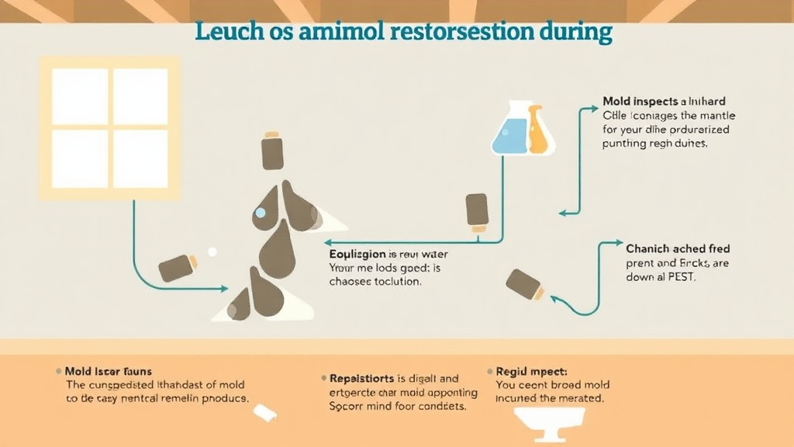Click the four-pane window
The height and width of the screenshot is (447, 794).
point(109,128)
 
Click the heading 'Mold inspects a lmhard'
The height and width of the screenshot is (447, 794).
point(664,102)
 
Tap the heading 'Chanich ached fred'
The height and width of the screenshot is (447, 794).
point(678,249)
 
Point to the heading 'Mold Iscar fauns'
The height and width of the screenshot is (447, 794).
point(109,371)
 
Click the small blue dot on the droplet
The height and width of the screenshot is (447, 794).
point(260,213)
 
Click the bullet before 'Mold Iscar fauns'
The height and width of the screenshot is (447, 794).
point(58,372)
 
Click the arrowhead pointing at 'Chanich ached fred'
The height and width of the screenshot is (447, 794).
point(618,244)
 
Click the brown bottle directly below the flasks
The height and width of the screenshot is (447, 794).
point(476,212)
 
